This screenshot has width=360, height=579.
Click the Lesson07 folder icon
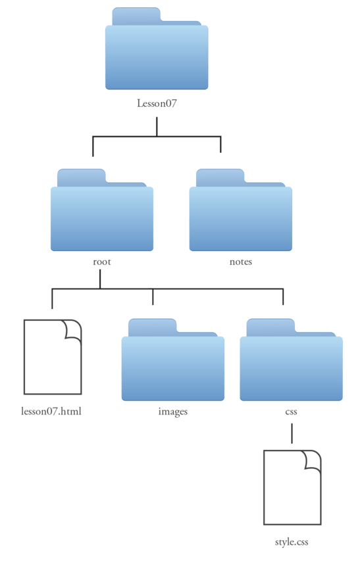(157, 48)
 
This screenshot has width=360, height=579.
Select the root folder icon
(102, 210)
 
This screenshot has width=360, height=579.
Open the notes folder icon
(240, 210)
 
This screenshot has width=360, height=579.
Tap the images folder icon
(173, 360)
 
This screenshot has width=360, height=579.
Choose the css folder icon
(291, 360)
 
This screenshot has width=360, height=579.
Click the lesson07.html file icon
(53, 357)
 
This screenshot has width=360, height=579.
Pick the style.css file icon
(292, 487)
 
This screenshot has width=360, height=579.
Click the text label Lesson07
(157, 103)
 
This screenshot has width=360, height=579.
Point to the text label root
(102, 262)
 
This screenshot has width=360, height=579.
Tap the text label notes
(241, 262)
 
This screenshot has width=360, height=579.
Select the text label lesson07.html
(51, 411)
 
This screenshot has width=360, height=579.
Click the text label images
(173, 412)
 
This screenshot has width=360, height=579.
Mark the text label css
(291, 412)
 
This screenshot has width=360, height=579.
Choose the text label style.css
(292, 542)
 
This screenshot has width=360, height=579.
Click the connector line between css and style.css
(292, 433)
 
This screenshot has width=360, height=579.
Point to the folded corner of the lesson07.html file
(73, 329)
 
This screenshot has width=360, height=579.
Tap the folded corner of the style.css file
(313, 459)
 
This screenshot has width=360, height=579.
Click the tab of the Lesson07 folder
(136, 16)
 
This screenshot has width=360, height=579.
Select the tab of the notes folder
(220, 178)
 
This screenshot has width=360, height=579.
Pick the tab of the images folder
(152, 327)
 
